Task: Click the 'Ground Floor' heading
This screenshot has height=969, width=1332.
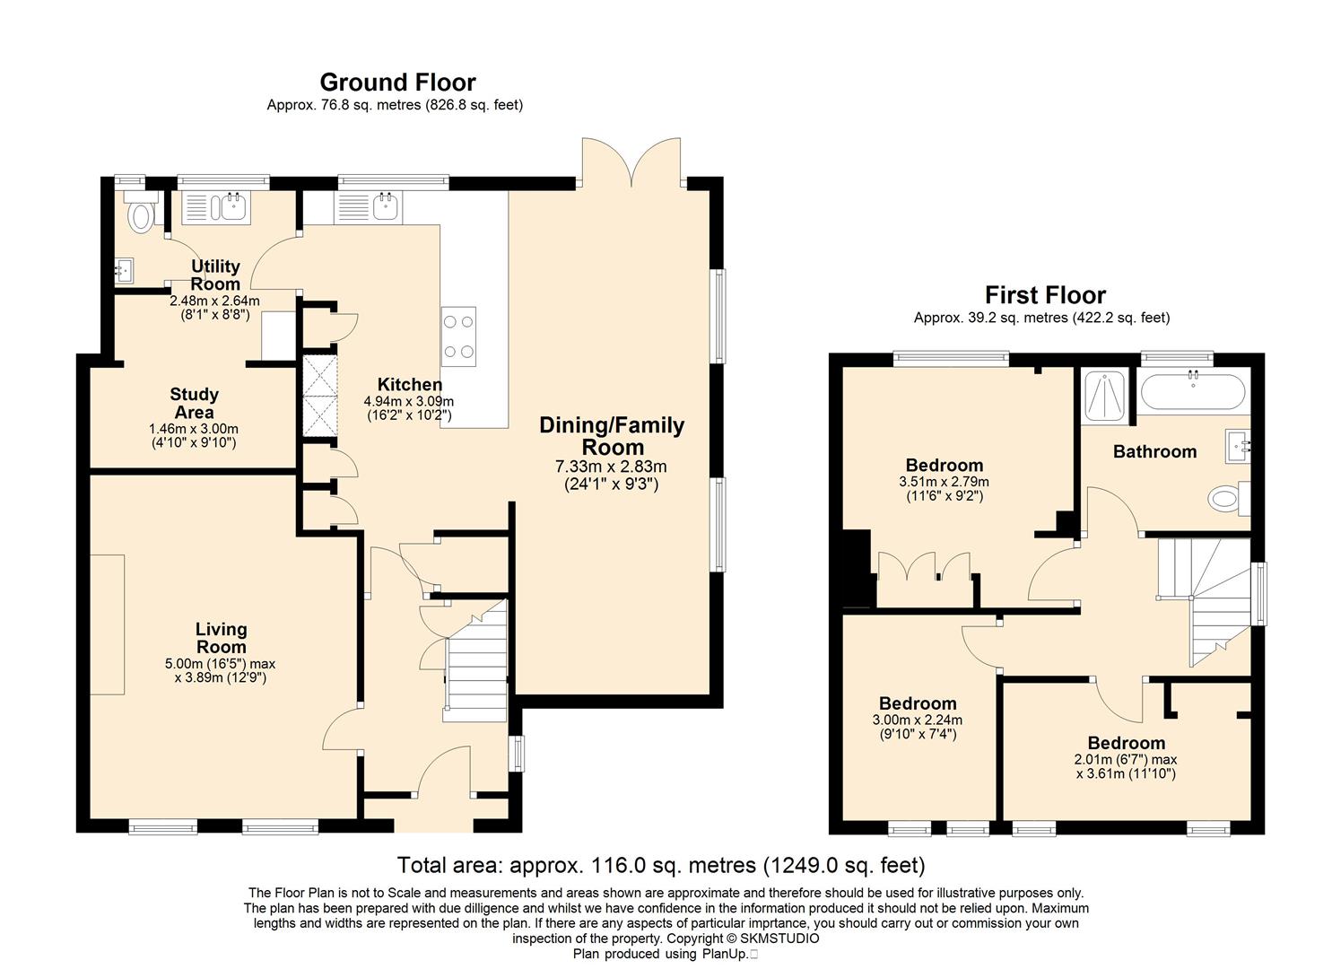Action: pos(398,82)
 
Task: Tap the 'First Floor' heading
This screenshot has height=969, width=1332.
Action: pos(1045,295)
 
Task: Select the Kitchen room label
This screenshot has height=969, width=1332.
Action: pos(410,384)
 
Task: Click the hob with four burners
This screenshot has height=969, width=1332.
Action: pos(458,336)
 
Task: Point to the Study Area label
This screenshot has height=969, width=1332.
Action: pos(194,404)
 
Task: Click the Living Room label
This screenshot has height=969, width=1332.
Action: pos(222,638)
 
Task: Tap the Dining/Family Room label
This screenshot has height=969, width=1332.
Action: pos(612,436)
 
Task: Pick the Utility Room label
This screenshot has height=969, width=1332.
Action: pos(215,275)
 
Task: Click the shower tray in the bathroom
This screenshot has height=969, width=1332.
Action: pos(1105,397)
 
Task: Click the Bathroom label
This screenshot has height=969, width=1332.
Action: pos(1154,452)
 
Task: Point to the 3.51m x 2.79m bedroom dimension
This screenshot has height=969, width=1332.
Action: pos(945,481)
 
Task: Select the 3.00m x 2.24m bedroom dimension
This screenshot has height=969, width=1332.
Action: pos(918,720)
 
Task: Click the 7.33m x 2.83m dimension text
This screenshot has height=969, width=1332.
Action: pos(612,467)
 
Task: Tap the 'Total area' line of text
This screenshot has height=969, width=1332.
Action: pos(661,865)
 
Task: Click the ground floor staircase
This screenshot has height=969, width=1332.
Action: pos(475,660)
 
